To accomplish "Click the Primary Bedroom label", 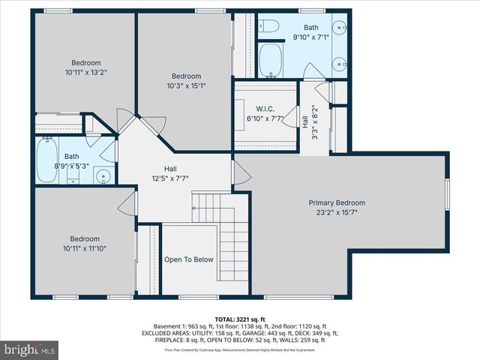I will [337, 202].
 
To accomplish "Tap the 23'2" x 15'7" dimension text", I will [337, 213].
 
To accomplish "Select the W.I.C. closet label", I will [255, 109].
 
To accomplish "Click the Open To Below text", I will [189, 259].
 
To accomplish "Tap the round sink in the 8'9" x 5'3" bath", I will [103, 178].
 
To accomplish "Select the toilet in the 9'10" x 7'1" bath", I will [271, 27].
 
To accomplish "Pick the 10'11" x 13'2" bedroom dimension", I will [86, 73].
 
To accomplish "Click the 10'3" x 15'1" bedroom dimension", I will [186, 85].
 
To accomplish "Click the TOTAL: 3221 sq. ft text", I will [239, 319].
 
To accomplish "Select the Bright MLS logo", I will [30, 349].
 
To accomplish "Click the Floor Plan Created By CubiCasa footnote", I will [239, 349].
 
